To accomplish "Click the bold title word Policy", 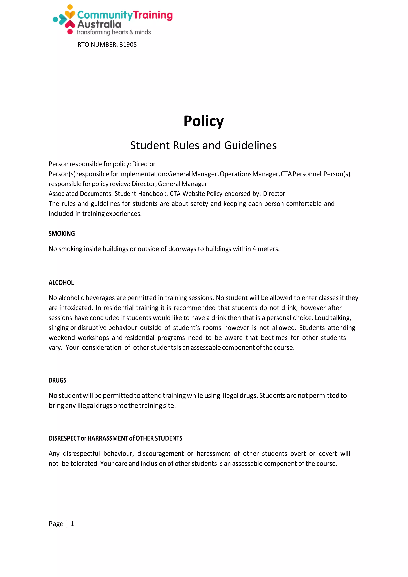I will (203, 121).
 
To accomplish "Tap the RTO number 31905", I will (128, 45).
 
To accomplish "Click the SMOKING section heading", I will (62, 234).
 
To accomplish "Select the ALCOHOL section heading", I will (61, 283).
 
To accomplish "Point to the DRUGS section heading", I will (57, 380).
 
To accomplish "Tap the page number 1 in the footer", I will (72, 524).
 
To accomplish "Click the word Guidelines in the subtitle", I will (250, 145).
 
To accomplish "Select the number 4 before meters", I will (254, 249).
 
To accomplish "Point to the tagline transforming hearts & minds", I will (114, 32).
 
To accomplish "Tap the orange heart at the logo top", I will (70, 14).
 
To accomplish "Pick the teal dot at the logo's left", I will (55, 19).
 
